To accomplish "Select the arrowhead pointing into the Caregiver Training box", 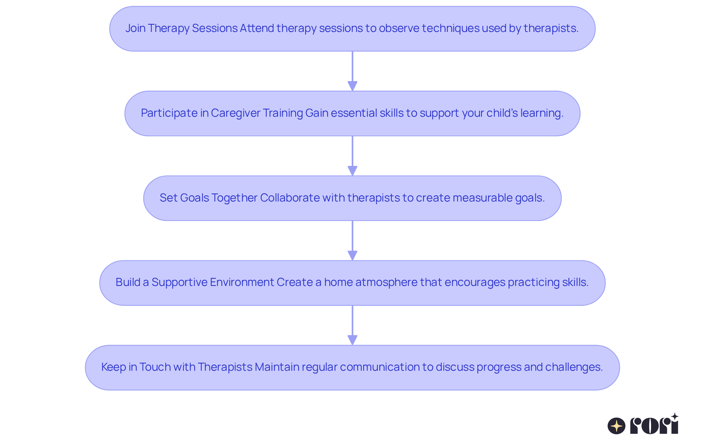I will pyautogui.click(x=352, y=86).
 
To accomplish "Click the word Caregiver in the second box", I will pyautogui.click(x=235, y=113).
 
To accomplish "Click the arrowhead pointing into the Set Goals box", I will pyautogui.click(x=352, y=171).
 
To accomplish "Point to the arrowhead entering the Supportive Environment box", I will pyautogui.click(x=352, y=255).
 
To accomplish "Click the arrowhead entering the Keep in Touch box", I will pyautogui.click(x=352, y=340).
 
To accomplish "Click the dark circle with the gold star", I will pyautogui.click(x=617, y=426).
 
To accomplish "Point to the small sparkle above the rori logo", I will pyautogui.click(x=675, y=417).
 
